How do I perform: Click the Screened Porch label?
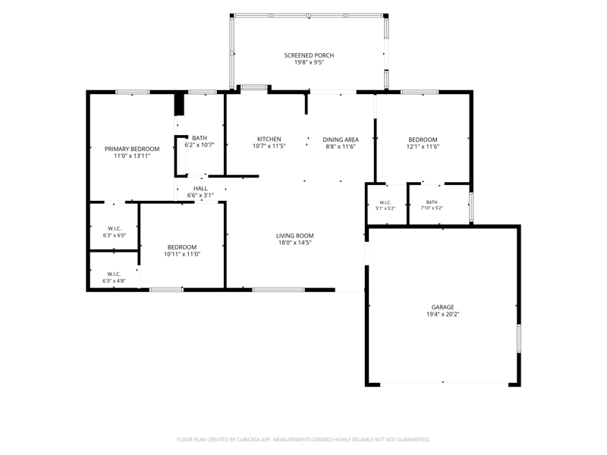click(309, 55)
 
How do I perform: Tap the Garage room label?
click(443, 307)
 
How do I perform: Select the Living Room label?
click(295, 236)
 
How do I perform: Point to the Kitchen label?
click(269, 139)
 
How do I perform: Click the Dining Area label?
click(341, 140)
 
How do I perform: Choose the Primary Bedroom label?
click(132, 149)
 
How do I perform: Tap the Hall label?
click(200, 188)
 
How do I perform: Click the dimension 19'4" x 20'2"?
click(443, 315)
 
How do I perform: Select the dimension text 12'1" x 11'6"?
click(423, 146)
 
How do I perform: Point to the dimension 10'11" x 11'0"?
click(182, 254)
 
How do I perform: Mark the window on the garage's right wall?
click(519, 338)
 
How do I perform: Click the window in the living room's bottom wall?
click(278, 290)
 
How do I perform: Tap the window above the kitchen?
click(254, 88)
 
